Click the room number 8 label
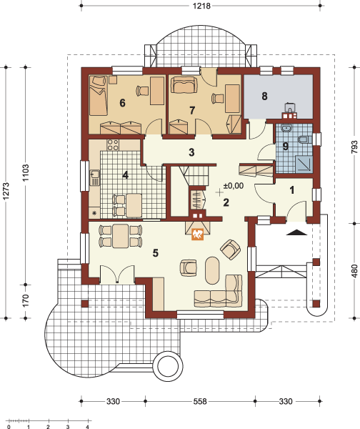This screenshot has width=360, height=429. click(x=264, y=96)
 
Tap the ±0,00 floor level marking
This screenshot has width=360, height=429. click(x=234, y=186)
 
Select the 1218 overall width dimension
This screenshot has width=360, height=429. click(x=201, y=6)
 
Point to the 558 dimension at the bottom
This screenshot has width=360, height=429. click(x=200, y=401)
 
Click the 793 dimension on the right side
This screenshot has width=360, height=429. click(x=354, y=147)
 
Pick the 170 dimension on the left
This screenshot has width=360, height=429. click(x=25, y=300)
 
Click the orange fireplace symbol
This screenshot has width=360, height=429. click(x=198, y=235)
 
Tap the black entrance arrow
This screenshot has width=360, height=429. click(x=297, y=232)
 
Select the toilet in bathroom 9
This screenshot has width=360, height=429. click(x=305, y=139)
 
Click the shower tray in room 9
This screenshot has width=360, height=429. click(x=304, y=164)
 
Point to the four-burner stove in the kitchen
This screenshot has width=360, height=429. click(x=113, y=144)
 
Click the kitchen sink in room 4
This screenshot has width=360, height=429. click(x=94, y=177)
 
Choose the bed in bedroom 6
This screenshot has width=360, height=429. click(x=98, y=96)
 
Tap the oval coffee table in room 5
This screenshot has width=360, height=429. click(x=212, y=270)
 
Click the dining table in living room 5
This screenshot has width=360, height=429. click(x=121, y=235)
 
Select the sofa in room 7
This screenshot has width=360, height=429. click(x=184, y=85)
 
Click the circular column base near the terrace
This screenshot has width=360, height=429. click(x=170, y=366)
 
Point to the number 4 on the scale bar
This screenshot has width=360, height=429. click(x=87, y=426)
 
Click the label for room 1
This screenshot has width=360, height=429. click(x=292, y=190)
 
